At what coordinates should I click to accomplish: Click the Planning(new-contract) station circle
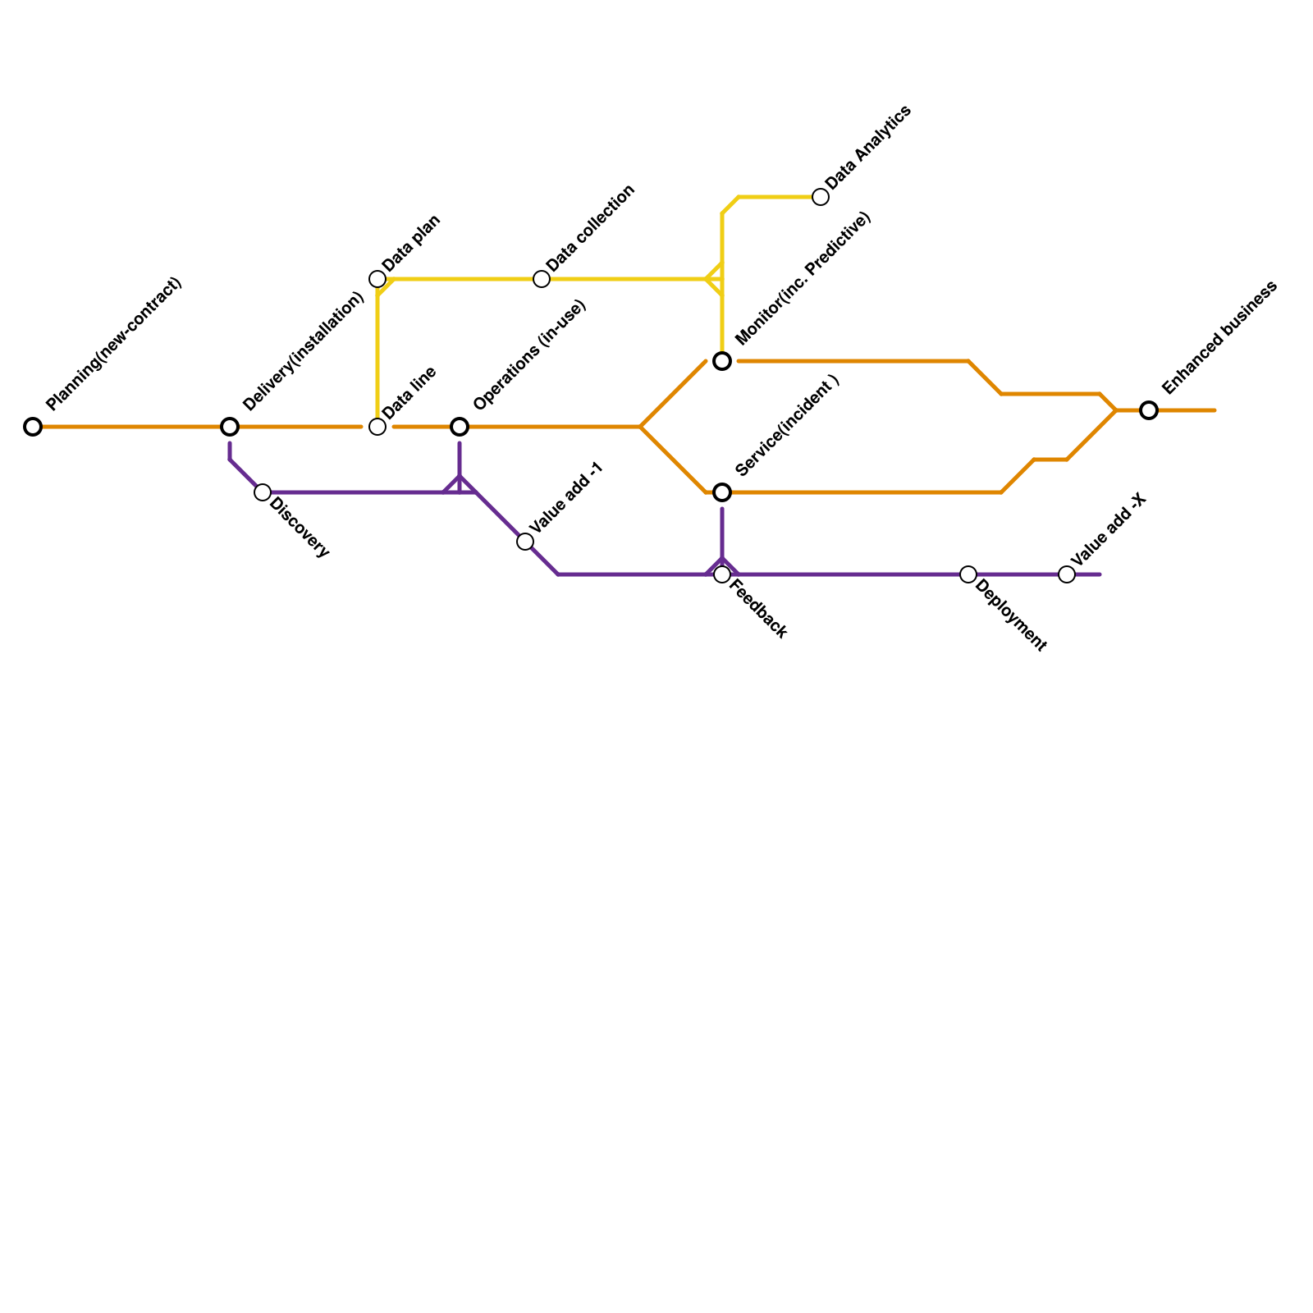[x=33, y=427]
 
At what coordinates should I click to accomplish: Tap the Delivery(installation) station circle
[x=230, y=427]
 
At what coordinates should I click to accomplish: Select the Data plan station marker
[x=377, y=279]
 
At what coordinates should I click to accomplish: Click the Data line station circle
[x=377, y=427]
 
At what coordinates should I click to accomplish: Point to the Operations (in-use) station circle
[x=460, y=427]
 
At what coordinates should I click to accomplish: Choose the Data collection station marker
[x=542, y=279]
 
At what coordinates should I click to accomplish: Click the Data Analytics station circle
[x=821, y=197]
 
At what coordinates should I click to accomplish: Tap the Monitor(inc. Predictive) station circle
[x=722, y=361]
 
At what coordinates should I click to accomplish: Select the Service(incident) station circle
[x=722, y=492]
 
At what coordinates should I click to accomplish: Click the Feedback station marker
[x=722, y=574]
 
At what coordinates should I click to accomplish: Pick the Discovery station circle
[x=263, y=492]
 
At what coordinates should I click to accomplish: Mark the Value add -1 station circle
[x=525, y=542]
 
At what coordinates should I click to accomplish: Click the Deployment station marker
[x=968, y=574]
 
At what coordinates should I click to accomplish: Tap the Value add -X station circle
[x=1067, y=574]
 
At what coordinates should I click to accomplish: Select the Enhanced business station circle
[x=1149, y=410]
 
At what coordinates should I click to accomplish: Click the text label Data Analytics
[x=868, y=147]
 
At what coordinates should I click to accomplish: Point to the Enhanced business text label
[x=1219, y=337]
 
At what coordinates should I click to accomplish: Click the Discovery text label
[x=300, y=528]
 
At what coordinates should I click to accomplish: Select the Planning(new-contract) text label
[x=114, y=344]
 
